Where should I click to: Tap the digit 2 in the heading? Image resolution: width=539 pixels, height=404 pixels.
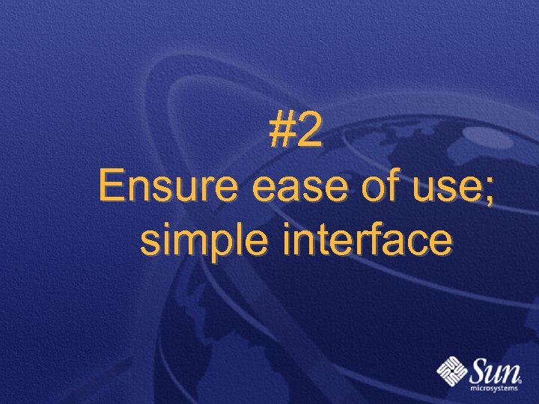(310, 132)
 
